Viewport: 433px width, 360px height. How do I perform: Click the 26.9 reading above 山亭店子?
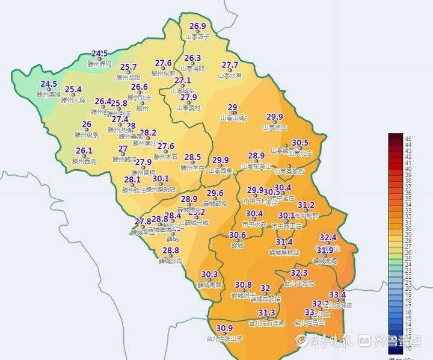[198, 26]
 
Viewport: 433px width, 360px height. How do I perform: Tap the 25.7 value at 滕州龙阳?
[129, 67]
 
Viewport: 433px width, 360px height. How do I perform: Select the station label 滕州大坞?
[73, 99]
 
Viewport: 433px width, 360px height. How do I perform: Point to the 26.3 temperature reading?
[192, 58]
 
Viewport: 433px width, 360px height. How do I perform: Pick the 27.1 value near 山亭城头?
[183, 81]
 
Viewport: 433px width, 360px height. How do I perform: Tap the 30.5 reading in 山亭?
[300, 143]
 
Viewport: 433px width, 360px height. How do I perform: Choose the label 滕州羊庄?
[192, 168]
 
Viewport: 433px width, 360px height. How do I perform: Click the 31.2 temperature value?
[306, 205]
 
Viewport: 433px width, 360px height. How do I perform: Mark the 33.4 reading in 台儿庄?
[337, 295]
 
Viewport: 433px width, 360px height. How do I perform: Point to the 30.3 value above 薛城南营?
[209, 274]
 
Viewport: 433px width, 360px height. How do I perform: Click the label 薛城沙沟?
[171, 261]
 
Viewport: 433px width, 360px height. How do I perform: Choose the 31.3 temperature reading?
[267, 313]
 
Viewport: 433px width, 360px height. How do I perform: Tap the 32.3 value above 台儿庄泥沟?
[299, 273]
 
